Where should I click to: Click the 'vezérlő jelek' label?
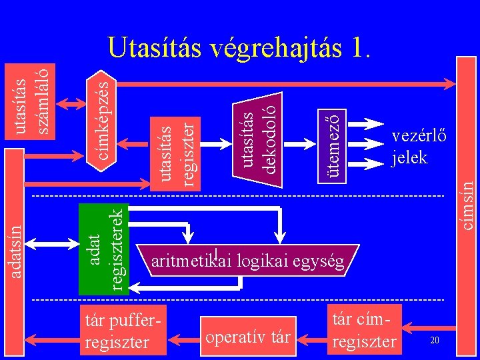click(419, 147)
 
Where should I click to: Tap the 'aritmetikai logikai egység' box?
click(248, 261)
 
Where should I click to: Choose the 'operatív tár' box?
click(248, 336)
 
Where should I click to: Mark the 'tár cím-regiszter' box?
click(364, 329)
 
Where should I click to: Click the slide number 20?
click(434, 341)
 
